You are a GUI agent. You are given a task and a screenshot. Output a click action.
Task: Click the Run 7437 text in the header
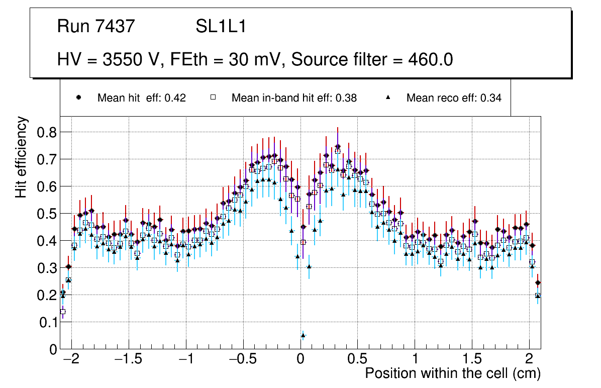[x=96, y=26]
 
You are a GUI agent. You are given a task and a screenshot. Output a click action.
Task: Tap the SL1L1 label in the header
[x=221, y=26]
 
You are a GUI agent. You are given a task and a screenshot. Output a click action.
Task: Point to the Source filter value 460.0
[x=432, y=60]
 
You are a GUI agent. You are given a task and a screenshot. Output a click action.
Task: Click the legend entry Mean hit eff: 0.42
[x=141, y=98]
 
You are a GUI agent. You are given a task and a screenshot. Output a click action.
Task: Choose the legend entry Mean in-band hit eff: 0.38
[x=294, y=98]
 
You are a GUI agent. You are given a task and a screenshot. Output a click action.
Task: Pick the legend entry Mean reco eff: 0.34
[x=454, y=98]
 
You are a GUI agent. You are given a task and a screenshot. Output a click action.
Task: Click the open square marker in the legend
[x=213, y=98]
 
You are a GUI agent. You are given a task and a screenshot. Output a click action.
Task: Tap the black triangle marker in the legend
[x=389, y=98]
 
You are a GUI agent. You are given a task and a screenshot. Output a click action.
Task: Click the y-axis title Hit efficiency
[x=21, y=157]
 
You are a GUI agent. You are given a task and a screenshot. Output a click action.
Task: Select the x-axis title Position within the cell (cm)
[x=453, y=373]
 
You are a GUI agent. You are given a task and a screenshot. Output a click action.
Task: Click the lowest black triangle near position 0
[x=303, y=335]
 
